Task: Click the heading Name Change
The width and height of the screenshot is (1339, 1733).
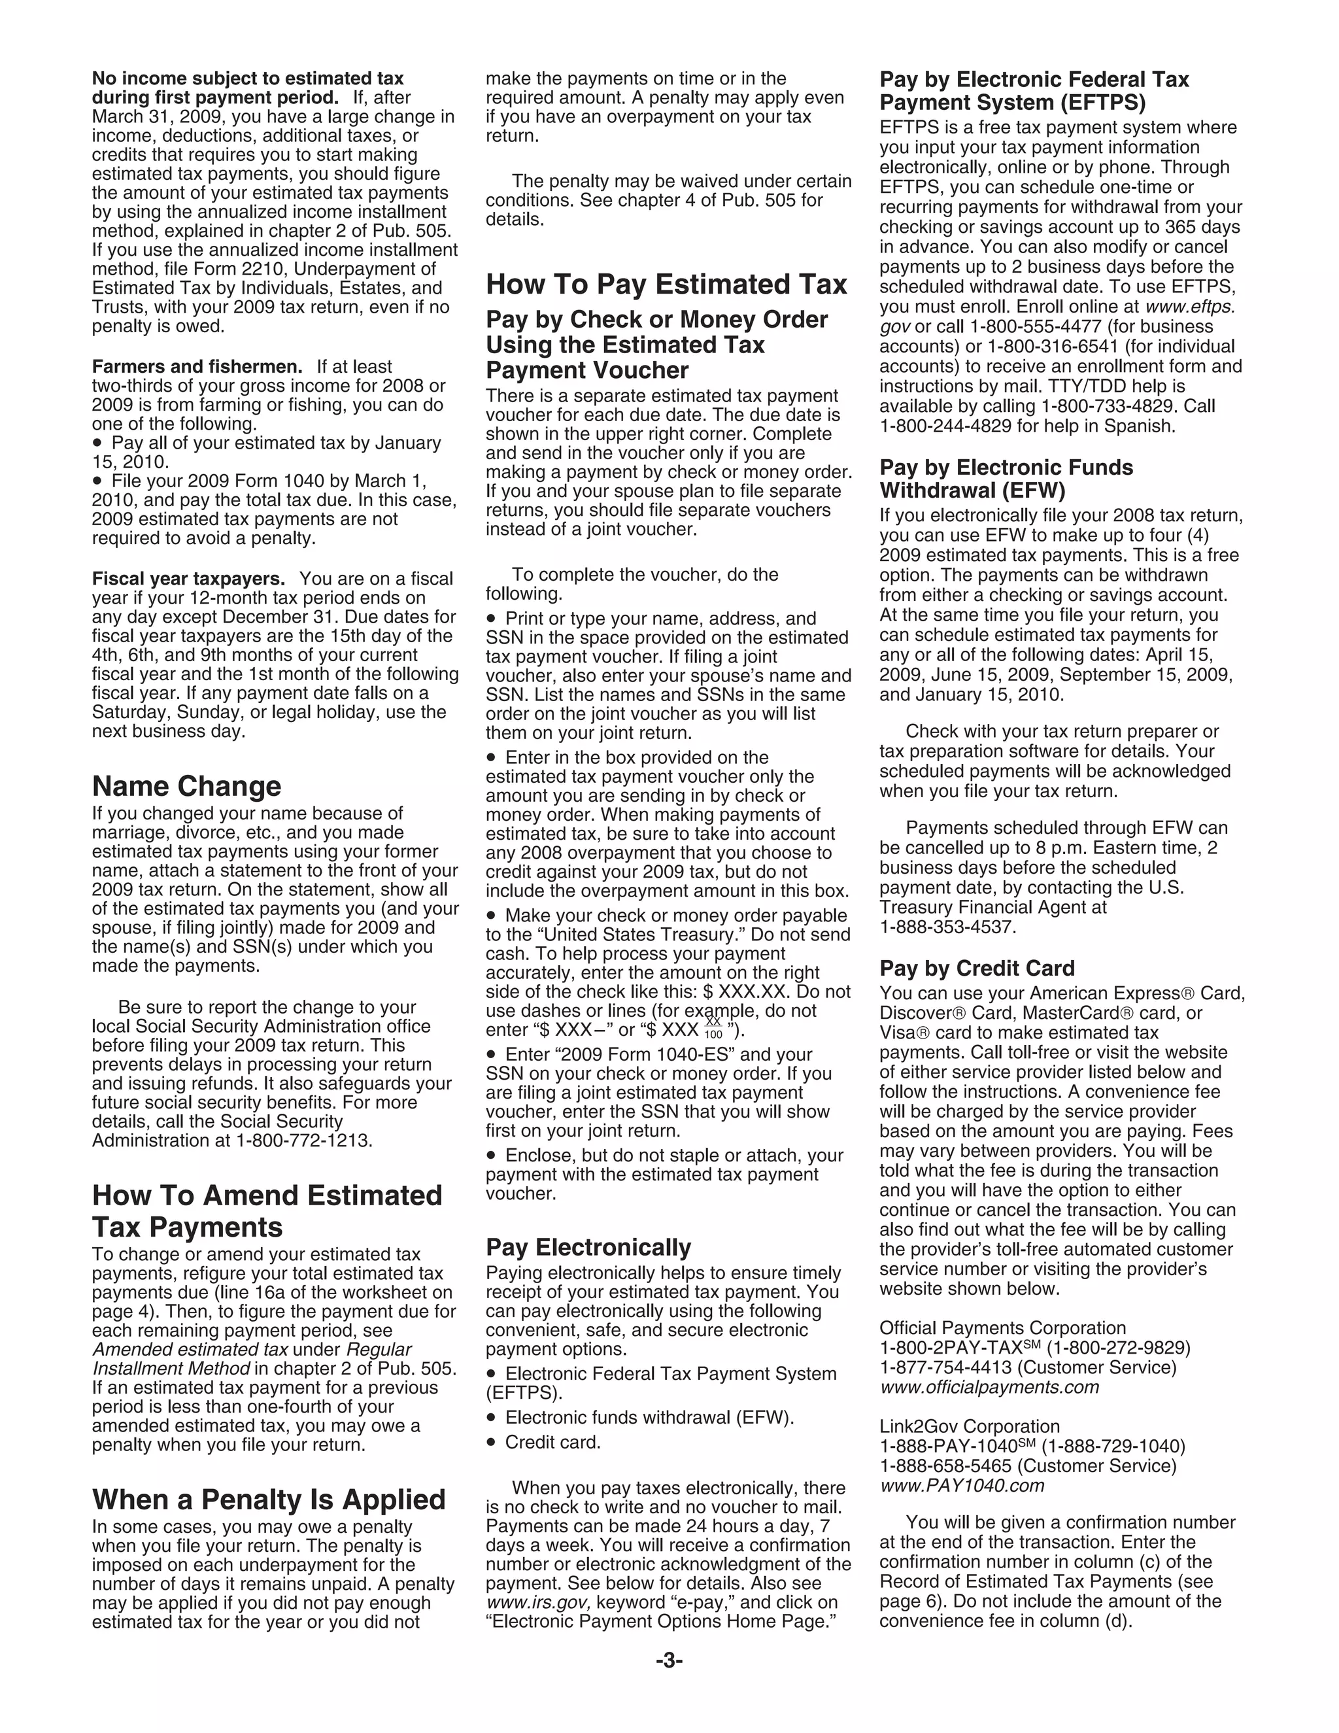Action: coord(186,786)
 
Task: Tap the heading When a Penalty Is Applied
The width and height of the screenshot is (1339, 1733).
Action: coord(269,1499)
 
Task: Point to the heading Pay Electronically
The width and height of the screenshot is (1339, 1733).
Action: coord(588,1246)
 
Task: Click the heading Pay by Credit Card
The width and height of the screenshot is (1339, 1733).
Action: coord(977,968)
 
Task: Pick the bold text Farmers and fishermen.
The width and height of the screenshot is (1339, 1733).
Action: coord(197,367)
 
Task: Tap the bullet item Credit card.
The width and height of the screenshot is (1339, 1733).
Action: coord(553,1442)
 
